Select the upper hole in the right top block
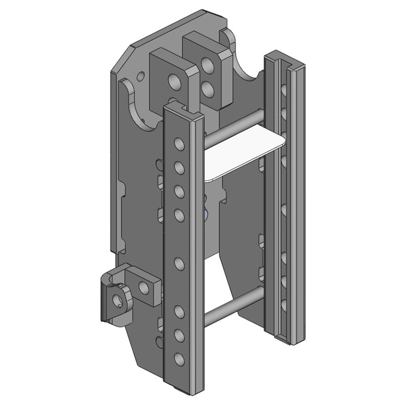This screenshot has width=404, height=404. coord(207,65)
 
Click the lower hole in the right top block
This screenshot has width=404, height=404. coord(207,90)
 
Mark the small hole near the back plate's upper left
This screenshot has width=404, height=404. coord(140,77)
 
